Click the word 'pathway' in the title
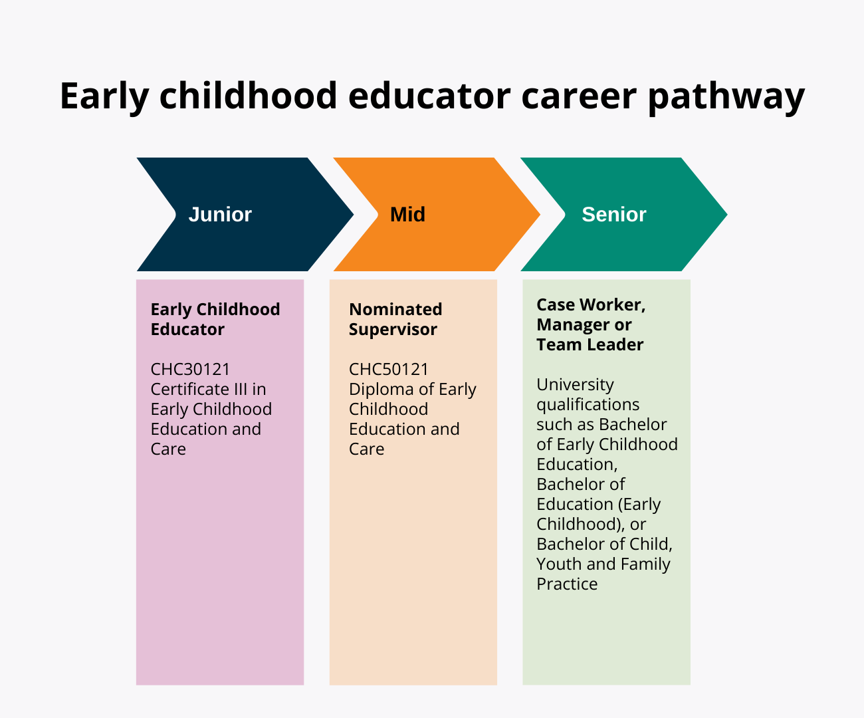click(x=726, y=96)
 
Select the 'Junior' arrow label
click(x=220, y=214)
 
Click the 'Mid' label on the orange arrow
click(x=407, y=214)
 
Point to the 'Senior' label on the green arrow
click(x=613, y=214)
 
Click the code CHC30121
click(x=190, y=369)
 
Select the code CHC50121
click(x=389, y=369)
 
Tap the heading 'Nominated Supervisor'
click(x=395, y=319)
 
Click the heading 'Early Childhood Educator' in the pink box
click(x=215, y=319)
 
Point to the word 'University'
click(x=575, y=384)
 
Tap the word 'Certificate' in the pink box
click(x=189, y=389)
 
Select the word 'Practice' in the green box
click(x=567, y=584)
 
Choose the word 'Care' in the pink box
click(x=168, y=449)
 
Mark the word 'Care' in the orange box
click(x=366, y=449)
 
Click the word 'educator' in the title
click(x=429, y=96)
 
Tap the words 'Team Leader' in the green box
click(x=590, y=344)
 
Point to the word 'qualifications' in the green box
click(x=588, y=404)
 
